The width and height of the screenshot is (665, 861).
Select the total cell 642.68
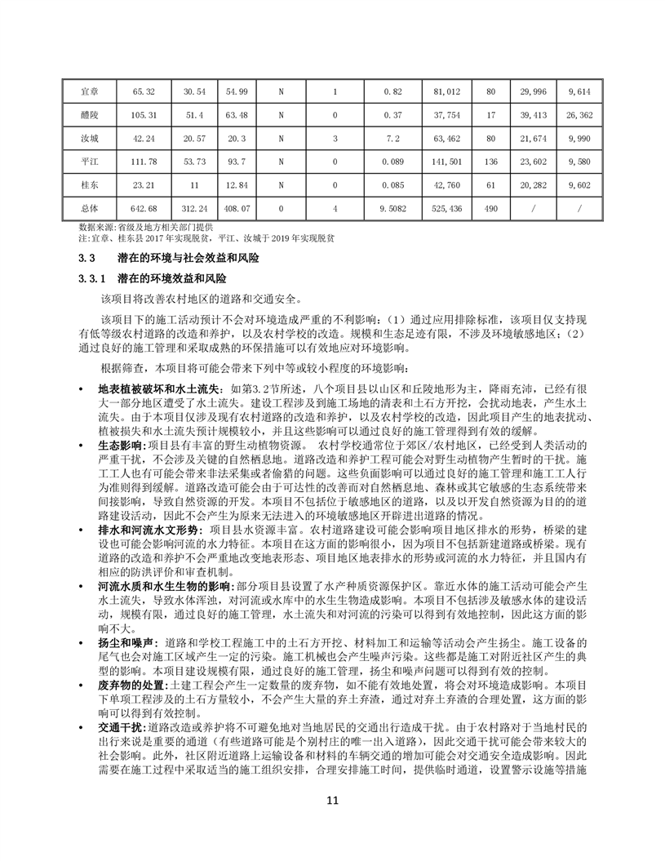click(x=144, y=208)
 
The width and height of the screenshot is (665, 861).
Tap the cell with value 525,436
click(x=448, y=208)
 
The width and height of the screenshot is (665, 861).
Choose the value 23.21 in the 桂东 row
click(x=144, y=185)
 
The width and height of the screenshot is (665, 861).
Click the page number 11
click(x=332, y=800)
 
